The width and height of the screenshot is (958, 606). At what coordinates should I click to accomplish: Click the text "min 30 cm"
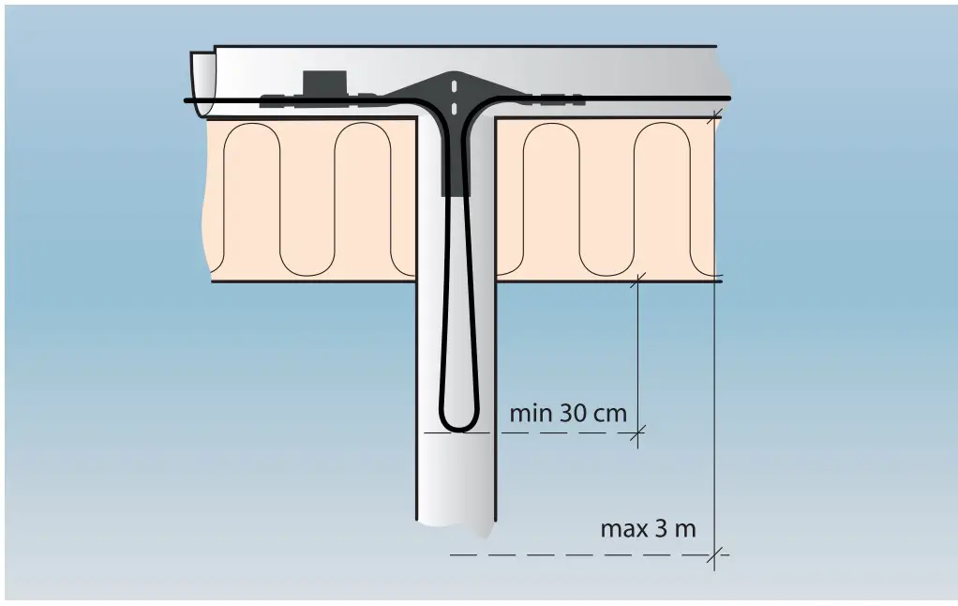click(x=567, y=413)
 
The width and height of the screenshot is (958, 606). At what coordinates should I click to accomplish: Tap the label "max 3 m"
click(x=648, y=528)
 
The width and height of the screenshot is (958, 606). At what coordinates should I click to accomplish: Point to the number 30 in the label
click(x=574, y=413)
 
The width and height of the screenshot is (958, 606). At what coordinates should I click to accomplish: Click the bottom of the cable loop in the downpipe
click(x=458, y=428)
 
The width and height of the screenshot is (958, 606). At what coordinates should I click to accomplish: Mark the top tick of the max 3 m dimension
click(x=716, y=116)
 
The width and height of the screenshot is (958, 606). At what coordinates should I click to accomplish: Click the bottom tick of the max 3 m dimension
click(x=716, y=554)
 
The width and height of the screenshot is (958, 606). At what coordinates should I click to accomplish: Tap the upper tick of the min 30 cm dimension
click(x=637, y=279)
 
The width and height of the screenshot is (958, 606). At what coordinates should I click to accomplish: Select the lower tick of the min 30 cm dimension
click(x=637, y=432)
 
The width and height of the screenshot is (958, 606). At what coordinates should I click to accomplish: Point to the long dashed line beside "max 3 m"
click(x=581, y=554)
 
